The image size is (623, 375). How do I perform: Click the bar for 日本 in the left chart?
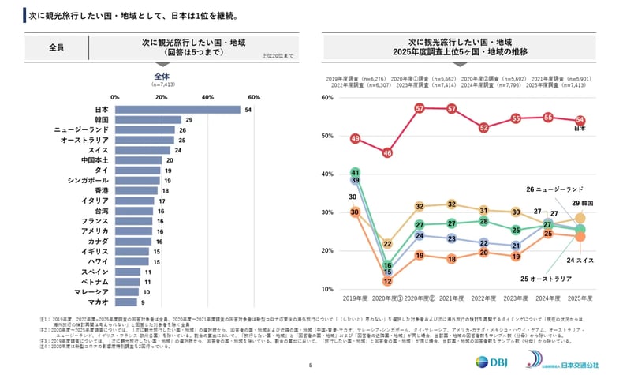(177, 110)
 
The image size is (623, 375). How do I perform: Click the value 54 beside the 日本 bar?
(248, 110)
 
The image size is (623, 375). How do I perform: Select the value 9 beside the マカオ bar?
(142, 302)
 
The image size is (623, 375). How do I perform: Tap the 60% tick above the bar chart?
(254, 96)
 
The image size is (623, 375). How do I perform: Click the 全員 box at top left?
(56, 48)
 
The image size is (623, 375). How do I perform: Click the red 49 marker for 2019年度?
(355, 140)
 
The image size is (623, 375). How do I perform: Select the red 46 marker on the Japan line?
(387, 153)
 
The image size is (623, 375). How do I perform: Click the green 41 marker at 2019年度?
(355, 172)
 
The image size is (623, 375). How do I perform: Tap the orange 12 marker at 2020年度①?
(387, 281)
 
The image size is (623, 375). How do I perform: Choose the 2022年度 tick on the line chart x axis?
(483, 299)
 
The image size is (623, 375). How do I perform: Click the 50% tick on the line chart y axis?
(329, 136)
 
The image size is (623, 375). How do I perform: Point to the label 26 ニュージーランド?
(554, 189)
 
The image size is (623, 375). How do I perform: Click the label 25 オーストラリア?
(547, 279)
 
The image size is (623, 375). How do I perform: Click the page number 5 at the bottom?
(311, 365)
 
